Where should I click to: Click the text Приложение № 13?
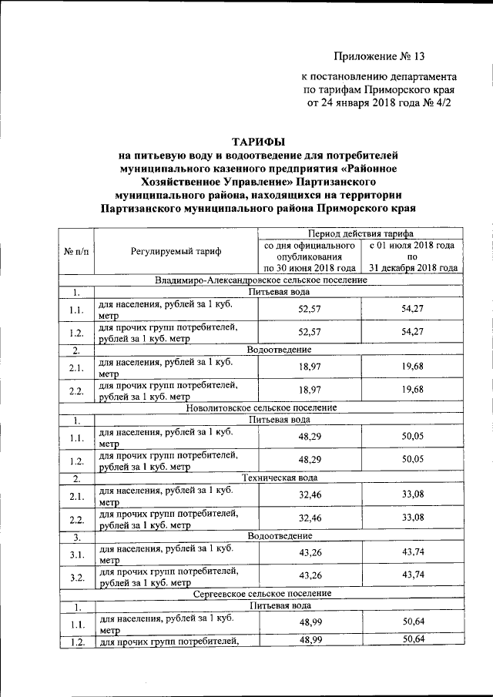point(379,56)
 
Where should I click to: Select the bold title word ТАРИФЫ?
point(258,141)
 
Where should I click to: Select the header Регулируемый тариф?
point(175,251)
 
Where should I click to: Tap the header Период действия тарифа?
point(360,233)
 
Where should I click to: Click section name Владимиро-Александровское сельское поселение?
point(260,280)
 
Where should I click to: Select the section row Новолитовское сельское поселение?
point(260,407)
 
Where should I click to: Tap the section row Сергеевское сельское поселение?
point(260,594)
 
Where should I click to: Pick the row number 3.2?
point(75,576)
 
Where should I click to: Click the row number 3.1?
point(75,552)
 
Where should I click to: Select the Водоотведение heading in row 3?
point(279,535)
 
